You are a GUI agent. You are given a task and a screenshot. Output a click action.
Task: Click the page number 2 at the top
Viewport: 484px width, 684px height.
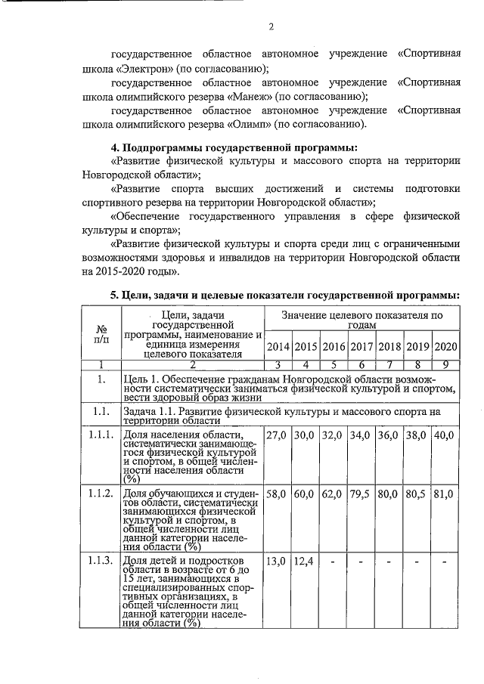(270, 28)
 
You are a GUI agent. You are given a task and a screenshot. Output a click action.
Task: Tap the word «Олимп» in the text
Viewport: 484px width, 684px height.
(249, 123)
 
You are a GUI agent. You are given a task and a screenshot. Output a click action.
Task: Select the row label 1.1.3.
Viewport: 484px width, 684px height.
(101, 560)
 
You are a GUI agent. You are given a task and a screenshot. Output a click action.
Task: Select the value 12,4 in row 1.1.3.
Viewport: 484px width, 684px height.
(306, 560)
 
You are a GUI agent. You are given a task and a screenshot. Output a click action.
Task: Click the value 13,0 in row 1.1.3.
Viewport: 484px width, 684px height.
(278, 560)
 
